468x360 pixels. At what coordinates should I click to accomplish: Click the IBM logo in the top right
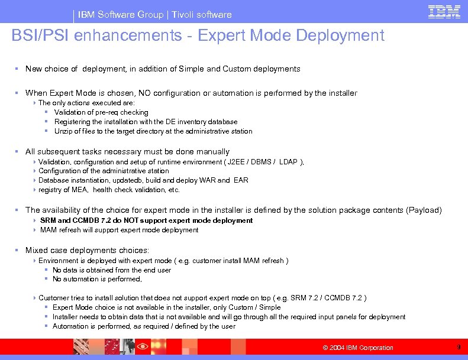coord(444,12)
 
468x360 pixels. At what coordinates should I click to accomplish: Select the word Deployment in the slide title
coord(340,35)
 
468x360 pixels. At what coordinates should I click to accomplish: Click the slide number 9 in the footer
coord(459,347)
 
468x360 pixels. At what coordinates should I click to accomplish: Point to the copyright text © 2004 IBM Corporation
coord(357,348)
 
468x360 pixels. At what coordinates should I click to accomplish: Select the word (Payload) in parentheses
coord(425,210)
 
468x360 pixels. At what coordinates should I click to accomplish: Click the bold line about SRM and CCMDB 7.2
coord(146,220)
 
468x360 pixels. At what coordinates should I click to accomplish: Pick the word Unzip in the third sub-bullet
coord(63,131)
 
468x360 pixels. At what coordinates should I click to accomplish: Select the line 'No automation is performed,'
coord(97,279)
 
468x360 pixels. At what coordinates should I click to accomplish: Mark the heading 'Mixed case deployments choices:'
coord(87,250)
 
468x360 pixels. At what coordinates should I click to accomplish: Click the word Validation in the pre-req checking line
coord(70,112)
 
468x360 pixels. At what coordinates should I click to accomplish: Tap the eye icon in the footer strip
coord(142,346)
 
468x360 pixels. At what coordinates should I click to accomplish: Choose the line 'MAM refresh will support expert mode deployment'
coord(119,230)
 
